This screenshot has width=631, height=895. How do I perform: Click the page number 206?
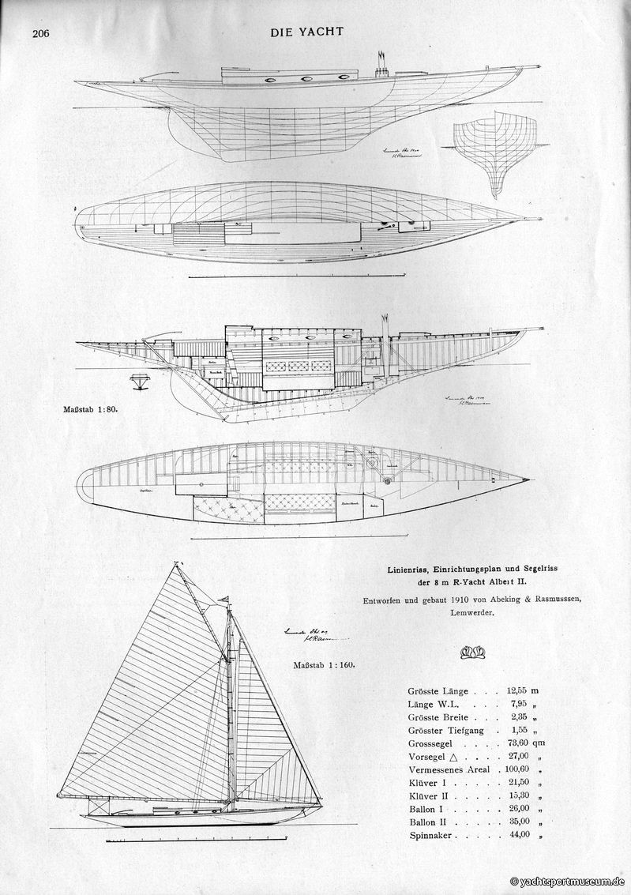point(41,33)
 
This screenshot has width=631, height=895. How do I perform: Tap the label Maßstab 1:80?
point(92,410)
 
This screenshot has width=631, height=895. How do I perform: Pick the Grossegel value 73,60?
point(519,743)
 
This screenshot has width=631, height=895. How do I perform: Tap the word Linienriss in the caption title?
point(413,569)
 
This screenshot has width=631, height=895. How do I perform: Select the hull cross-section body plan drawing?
point(494,154)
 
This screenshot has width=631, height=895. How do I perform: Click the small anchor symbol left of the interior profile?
point(141,381)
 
